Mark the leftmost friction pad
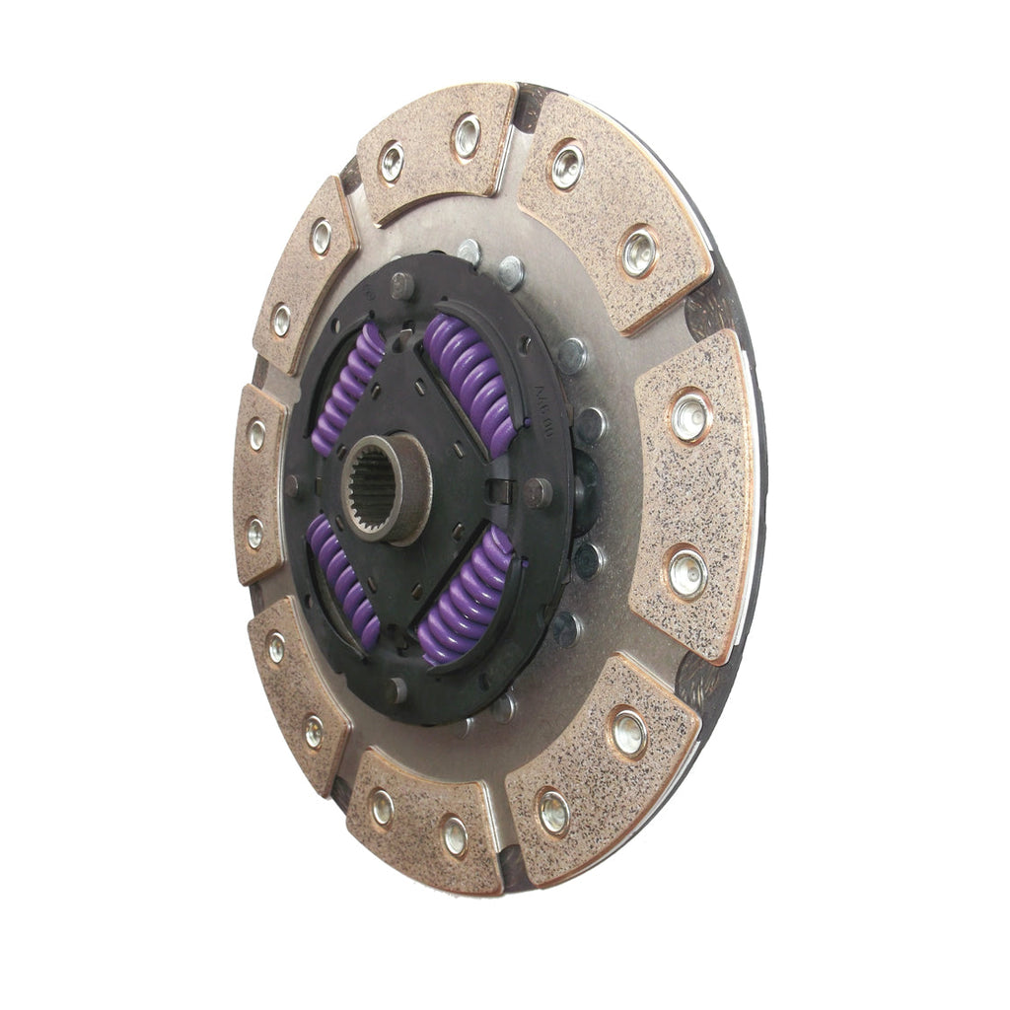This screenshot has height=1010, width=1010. (258, 483)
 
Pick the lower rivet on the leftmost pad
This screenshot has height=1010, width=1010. (255, 533)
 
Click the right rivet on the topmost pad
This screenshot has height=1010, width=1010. (467, 136)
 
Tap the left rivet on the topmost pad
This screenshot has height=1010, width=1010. (393, 162)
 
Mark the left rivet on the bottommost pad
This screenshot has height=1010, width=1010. (382, 808)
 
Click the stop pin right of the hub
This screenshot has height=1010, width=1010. (538, 492)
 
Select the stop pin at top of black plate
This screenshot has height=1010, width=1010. (401, 285)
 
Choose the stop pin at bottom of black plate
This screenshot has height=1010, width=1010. (397, 689)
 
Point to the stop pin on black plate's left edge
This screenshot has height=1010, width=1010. (293, 485)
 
